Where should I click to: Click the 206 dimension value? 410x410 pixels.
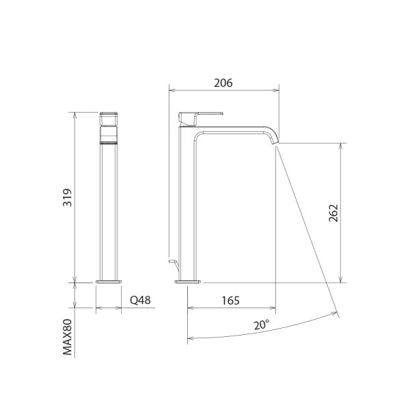click(223, 83)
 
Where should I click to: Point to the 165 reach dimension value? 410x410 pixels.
click(231, 299)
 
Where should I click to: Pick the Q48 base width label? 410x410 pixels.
click(139, 299)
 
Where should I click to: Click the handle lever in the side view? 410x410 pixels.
click(202, 114)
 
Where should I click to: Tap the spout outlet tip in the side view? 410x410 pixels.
click(276, 139)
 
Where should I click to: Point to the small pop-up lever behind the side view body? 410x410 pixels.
click(171, 262)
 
